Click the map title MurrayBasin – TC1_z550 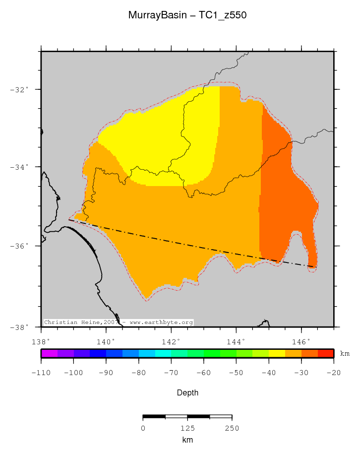(187, 15)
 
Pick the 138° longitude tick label (41, 341)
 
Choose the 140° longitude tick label (106, 341)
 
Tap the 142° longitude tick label (171, 341)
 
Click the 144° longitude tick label (236, 341)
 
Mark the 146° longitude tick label (301, 341)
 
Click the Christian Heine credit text (118, 323)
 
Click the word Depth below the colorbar (187, 393)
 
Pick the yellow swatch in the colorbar (277, 353)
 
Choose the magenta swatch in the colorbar (49, 353)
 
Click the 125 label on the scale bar (187, 428)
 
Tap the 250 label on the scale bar (232, 428)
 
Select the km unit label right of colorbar (345, 354)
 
